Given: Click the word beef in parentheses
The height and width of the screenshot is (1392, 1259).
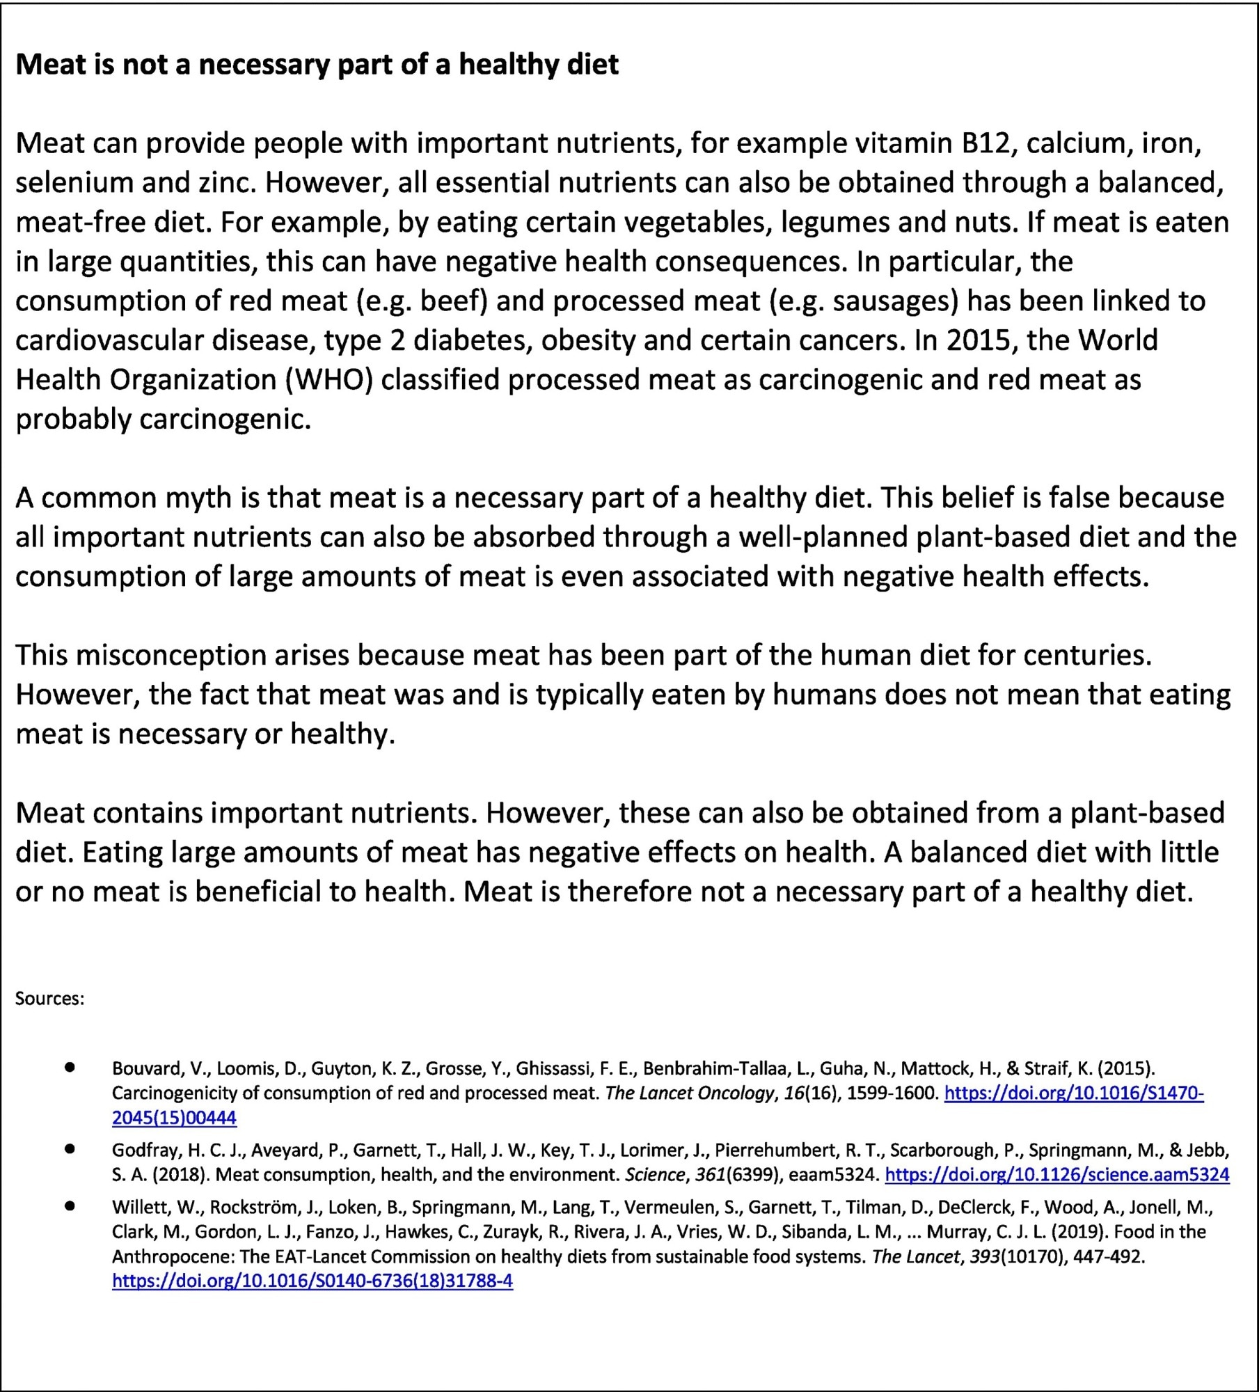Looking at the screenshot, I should pos(450,301).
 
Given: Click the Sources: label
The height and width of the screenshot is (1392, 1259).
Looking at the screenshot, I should pos(49,999).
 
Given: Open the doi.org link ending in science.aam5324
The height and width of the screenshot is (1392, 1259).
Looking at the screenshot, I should pos(1056,1175).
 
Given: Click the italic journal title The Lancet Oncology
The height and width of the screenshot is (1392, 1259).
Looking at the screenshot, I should pos(689,1093).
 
